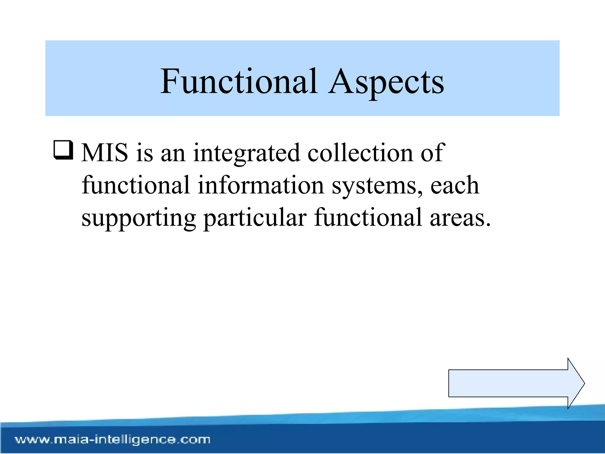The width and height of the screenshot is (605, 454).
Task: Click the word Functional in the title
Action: pyautogui.click(x=239, y=81)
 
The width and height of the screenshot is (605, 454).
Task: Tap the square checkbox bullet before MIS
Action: pyautogui.click(x=63, y=150)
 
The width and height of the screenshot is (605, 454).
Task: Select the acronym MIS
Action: pyautogui.click(x=105, y=153)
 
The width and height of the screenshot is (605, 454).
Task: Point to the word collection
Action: pyautogui.click(x=360, y=153)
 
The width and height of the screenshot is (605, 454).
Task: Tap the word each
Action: pyautogui.click(x=454, y=185)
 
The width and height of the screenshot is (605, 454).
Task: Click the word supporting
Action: pyautogui.click(x=138, y=218)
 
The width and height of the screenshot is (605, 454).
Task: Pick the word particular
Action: pyautogui.click(x=255, y=218)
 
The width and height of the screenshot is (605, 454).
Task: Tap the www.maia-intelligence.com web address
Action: pyautogui.click(x=113, y=440)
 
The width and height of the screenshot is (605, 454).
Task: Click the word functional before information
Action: pyautogui.click(x=136, y=185)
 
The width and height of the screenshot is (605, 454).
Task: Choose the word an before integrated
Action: pyautogui.click(x=173, y=154)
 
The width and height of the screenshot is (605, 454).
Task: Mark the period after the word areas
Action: pyautogui.click(x=488, y=225)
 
